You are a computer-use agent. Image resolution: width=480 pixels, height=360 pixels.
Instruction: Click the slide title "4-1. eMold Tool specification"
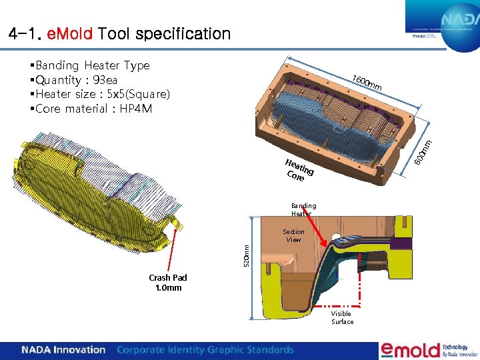120,33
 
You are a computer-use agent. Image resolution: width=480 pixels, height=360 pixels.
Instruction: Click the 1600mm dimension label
367,84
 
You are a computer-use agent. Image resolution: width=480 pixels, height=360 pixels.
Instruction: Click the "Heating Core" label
298,170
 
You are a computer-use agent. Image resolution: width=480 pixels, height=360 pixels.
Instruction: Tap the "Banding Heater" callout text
303,209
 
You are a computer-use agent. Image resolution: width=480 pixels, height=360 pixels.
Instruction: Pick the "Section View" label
293,235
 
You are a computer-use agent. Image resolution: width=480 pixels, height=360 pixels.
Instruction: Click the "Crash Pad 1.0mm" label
168,283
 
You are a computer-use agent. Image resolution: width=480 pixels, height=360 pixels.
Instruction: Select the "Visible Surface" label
342,317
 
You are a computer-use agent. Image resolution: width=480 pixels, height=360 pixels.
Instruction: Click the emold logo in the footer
411,349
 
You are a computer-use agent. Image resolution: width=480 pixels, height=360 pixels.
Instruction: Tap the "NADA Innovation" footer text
63,349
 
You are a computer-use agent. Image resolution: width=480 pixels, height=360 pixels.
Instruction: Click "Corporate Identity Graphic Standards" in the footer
205,349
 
